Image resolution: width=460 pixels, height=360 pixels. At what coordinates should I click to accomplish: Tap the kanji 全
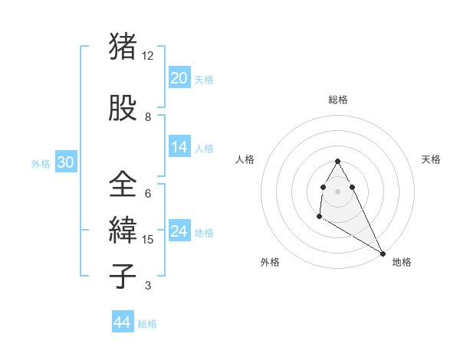pos(123,185)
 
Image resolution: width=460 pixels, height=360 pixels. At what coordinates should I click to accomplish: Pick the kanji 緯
pos(123,231)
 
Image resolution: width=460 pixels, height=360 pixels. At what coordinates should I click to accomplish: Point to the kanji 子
pos(123,277)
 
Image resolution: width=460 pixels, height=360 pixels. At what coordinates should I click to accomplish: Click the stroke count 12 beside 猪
pos(148,56)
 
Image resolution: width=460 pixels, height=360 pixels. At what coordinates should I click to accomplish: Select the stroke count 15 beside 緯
pos(149,240)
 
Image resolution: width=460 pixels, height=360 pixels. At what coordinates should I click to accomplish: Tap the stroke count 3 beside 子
pos(148,286)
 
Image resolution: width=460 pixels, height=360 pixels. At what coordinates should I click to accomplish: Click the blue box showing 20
pos(179,78)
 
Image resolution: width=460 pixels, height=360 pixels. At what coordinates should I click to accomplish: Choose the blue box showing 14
pos(179,147)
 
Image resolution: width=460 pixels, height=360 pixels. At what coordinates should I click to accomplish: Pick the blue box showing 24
pos(179,231)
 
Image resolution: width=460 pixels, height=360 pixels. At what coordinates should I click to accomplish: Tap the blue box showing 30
pos(64,162)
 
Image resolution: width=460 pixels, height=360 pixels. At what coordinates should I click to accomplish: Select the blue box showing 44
pos(122,323)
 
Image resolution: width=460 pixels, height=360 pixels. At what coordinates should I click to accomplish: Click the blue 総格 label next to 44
pos(147,324)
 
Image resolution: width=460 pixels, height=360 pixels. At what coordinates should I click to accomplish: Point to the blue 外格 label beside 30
pos(41,163)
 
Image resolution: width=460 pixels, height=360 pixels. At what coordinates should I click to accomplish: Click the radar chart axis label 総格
pos(338,100)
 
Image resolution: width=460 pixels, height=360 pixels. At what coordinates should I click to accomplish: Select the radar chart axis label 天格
pos(432,159)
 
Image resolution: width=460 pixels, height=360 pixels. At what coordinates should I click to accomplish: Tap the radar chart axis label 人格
pos(245,159)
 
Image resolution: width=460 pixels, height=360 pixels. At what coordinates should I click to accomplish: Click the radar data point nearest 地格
pos(383,253)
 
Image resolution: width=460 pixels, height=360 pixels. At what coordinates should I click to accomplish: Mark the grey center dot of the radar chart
pos(338,190)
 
